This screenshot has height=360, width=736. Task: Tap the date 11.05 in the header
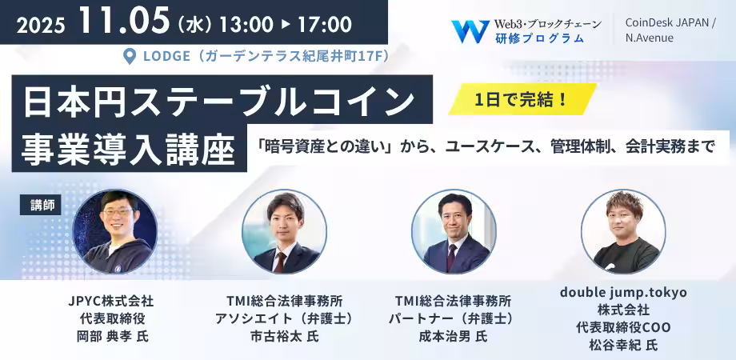(124, 21)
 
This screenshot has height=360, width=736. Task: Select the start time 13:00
(244, 25)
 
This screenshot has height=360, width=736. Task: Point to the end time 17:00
(325, 25)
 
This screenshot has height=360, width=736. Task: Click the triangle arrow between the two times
(285, 25)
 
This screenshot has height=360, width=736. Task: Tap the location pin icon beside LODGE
(129, 57)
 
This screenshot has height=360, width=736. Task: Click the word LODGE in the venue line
(166, 57)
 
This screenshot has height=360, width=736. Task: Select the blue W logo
(470, 31)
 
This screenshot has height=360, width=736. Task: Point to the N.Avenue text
(649, 38)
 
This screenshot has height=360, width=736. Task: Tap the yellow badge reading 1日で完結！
(522, 99)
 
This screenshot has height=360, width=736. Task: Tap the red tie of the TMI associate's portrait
(280, 262)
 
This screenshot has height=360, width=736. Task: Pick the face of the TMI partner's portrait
(454, 221)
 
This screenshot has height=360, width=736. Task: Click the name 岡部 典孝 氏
(112, 337)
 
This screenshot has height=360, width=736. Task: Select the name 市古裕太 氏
(284, 337)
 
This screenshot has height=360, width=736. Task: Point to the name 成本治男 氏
(453, 337)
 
